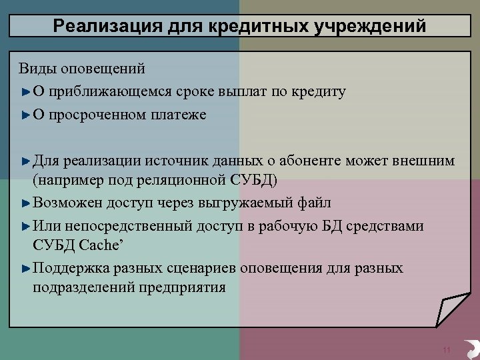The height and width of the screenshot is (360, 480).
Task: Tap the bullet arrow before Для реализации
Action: pos(25,161)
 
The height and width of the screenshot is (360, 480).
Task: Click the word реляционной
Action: pos(176,180)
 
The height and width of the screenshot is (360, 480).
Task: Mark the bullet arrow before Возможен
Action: pos(25,202)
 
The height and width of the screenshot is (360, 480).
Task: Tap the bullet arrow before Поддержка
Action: pos(25,269)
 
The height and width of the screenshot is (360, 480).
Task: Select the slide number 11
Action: pos(447,350)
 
